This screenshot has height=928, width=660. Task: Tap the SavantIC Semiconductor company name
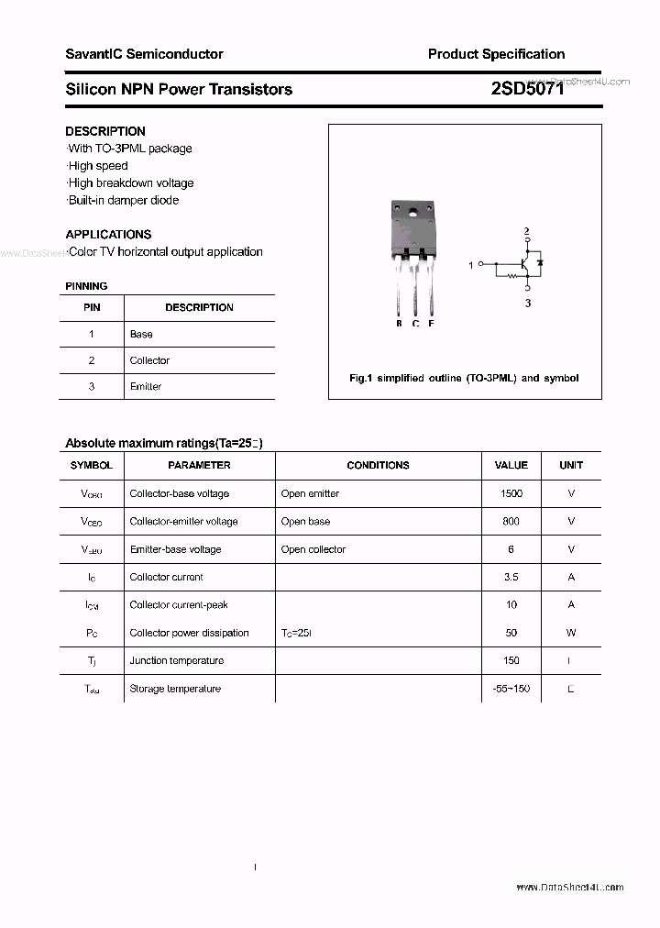[x=144, y=54]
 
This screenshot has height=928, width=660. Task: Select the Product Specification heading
[x=496, y=54]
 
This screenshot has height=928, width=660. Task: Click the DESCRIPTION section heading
[x=105, y=131]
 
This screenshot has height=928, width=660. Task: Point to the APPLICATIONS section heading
[x=108, y=234]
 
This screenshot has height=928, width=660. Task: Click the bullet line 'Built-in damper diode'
[x=123, y=200]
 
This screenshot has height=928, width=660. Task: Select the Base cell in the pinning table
[x=141, y=334]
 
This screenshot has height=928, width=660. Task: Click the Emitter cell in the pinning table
[x=146, y=386]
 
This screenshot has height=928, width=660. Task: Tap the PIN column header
[x=92, y=307]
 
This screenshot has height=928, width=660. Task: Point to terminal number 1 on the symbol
[x=471, y=265]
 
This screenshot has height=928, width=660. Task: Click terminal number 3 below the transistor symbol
[x=528, y=303]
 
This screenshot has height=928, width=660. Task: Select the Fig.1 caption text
[x=464, y=378]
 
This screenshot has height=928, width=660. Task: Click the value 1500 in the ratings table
[x=511, y=493]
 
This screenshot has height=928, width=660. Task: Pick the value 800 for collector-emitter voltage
[x=511, y=521]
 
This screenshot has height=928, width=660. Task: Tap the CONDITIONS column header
[x=378, y=465]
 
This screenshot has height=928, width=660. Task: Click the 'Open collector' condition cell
[x=313, y=549]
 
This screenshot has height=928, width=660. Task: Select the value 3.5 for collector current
[x=511, y=577]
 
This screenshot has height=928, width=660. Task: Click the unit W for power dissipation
[x=571, y=633]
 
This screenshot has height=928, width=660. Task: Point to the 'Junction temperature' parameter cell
[x=176, y=660]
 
